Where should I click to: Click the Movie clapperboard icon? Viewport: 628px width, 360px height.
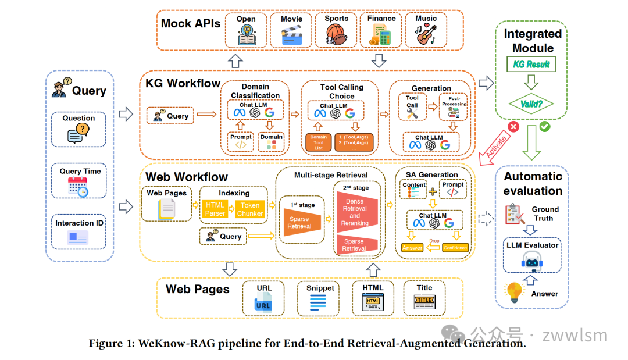[x=291, y=36]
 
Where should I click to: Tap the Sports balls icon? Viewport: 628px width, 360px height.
[x=336, y=36]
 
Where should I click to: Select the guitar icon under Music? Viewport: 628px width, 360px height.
[x=426, y=36]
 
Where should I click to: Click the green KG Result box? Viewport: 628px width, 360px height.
[x=530, y=65]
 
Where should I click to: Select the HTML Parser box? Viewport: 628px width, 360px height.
[x=215, y=209]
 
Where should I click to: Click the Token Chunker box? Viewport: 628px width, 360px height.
[x=249, y=209]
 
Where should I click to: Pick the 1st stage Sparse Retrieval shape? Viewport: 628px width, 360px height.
[x=300, y=223]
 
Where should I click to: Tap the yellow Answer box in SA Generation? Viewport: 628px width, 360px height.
[x=412, y=248]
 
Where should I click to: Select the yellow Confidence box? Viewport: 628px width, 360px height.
[x=455, y=248]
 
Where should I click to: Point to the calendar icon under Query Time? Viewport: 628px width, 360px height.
[x=78, y=187]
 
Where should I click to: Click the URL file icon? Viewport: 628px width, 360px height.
[x=263, y=303]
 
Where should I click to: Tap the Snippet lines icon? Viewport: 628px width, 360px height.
[x=317, y=303]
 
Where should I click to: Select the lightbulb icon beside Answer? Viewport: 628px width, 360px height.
[x=514, y=291]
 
